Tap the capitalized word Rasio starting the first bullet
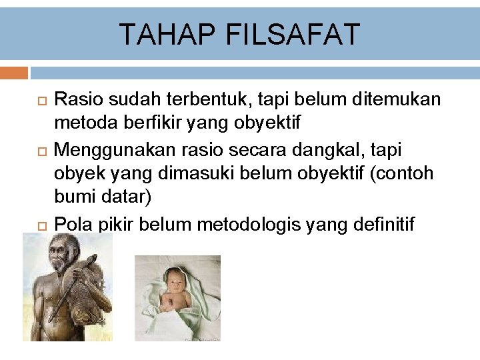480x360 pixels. pyautogui.click(x=75, y=100)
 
